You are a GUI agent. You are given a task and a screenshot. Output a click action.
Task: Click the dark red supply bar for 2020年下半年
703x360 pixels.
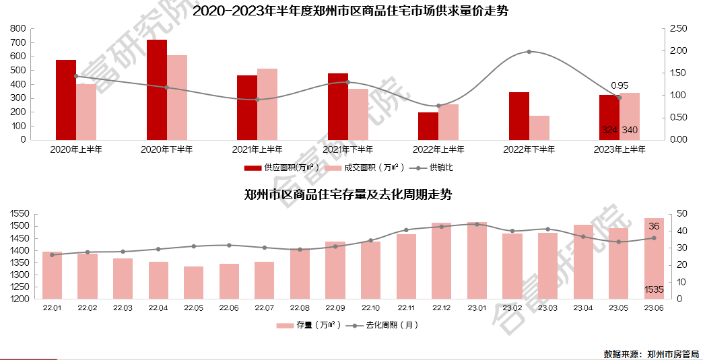pos(157,89)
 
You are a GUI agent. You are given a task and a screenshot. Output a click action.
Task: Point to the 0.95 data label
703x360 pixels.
pos(619,85)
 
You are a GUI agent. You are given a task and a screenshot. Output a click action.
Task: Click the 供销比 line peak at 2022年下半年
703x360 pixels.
pos(529,52)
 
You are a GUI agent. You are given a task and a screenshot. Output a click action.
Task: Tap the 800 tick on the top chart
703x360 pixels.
pos(18,29)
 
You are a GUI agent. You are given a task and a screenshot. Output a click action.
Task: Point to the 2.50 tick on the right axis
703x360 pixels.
pos(678,29)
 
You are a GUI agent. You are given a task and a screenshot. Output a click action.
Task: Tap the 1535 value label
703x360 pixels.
pos(654,290)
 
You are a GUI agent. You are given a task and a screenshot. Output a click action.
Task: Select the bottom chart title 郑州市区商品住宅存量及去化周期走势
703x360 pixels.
pos(347,194)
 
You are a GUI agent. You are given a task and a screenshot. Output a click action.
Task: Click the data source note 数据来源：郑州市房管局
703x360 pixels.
pos(651,353)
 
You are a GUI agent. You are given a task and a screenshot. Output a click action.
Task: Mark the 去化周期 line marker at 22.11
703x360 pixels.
pos(406,230)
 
